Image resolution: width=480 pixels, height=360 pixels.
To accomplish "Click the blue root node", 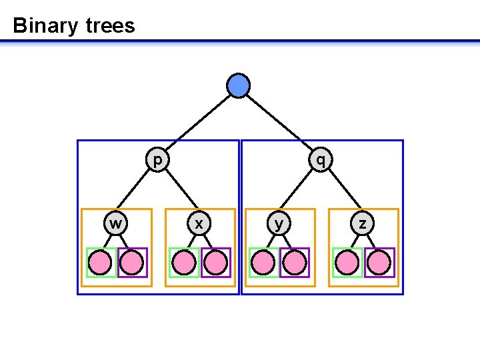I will tap(238, 86).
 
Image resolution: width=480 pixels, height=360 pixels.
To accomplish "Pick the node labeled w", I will tap(116, 223).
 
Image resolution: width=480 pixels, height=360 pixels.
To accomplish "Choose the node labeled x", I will tap(198, 223).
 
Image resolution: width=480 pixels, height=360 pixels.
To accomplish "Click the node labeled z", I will tap(362, 223).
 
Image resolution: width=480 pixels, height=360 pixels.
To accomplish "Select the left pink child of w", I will tap(101, 262).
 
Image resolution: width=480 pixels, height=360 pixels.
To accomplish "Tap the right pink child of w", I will tap(132, 262).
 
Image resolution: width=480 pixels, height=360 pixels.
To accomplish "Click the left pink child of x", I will tap(184, 262).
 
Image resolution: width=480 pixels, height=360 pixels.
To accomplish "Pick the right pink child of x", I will tap(215, 262).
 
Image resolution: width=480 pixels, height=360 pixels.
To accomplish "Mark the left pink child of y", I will tap(265, 262).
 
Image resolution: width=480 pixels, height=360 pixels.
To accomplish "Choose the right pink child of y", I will tap(295, 262).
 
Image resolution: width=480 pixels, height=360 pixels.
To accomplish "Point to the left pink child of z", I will tap(348, 262).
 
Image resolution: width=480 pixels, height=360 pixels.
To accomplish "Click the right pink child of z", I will tap(379, 262).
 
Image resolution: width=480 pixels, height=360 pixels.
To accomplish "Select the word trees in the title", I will tap(110, 26).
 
